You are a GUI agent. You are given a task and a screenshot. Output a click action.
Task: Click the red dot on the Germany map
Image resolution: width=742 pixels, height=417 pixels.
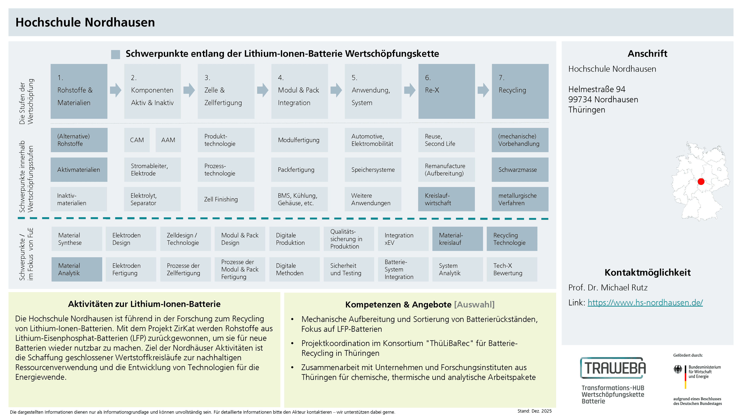pyautogui.click(x=701, y=182)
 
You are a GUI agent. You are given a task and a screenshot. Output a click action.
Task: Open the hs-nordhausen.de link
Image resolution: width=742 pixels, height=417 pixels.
pyautogui.click(x=645, y=303)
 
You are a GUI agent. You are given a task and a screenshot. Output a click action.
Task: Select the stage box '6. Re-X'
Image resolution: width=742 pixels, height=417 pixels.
pyautogui.click(x=447, y=91)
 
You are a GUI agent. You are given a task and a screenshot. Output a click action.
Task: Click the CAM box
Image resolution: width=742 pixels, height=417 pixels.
pyautogui.click(x=137, y=140)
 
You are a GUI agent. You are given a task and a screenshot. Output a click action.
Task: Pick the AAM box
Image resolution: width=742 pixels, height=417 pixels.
pyautogui.click(x=168, y=140)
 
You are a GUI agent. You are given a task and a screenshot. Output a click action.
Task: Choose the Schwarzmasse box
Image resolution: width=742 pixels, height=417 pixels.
pyautogui.click(x=520, y=170)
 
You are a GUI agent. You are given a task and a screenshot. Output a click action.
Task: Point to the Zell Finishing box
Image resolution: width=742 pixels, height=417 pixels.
pyautogui.click(x=226, y=199)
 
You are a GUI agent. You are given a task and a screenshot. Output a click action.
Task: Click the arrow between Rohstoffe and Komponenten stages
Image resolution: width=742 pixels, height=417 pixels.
pyautogui.click(x=116, y=90)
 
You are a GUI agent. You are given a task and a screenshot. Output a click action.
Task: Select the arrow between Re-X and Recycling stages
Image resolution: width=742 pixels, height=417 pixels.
pyautogui.click(x=483, y=90)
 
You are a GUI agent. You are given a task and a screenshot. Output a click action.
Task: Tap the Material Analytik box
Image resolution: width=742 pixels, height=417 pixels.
pyautogui.click(x=77, y=269)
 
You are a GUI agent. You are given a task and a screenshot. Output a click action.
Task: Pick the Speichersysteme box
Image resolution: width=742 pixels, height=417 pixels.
pyautogui.click(x=373, y=170)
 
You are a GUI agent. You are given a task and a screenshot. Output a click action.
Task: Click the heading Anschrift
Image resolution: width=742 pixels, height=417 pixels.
pyautogui.click(x=647, y=53)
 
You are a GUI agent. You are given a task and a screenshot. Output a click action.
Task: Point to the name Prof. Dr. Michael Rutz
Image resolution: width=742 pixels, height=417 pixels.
pyautogui.click(x=608, y=287)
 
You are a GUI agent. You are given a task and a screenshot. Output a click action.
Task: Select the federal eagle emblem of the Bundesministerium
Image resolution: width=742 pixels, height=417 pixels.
pyautogui.click(x=678, y=369)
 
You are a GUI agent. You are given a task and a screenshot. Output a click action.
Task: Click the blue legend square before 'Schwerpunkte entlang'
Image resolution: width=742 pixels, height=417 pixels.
pyautogui.click(x=116, y=54)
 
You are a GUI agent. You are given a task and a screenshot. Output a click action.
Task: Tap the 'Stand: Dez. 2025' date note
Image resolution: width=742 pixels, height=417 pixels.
pyautogui.click(x=534, y=411)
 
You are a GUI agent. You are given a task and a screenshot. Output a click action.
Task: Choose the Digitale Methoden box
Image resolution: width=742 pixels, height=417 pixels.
pyautogui.click(x=294, y=269)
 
